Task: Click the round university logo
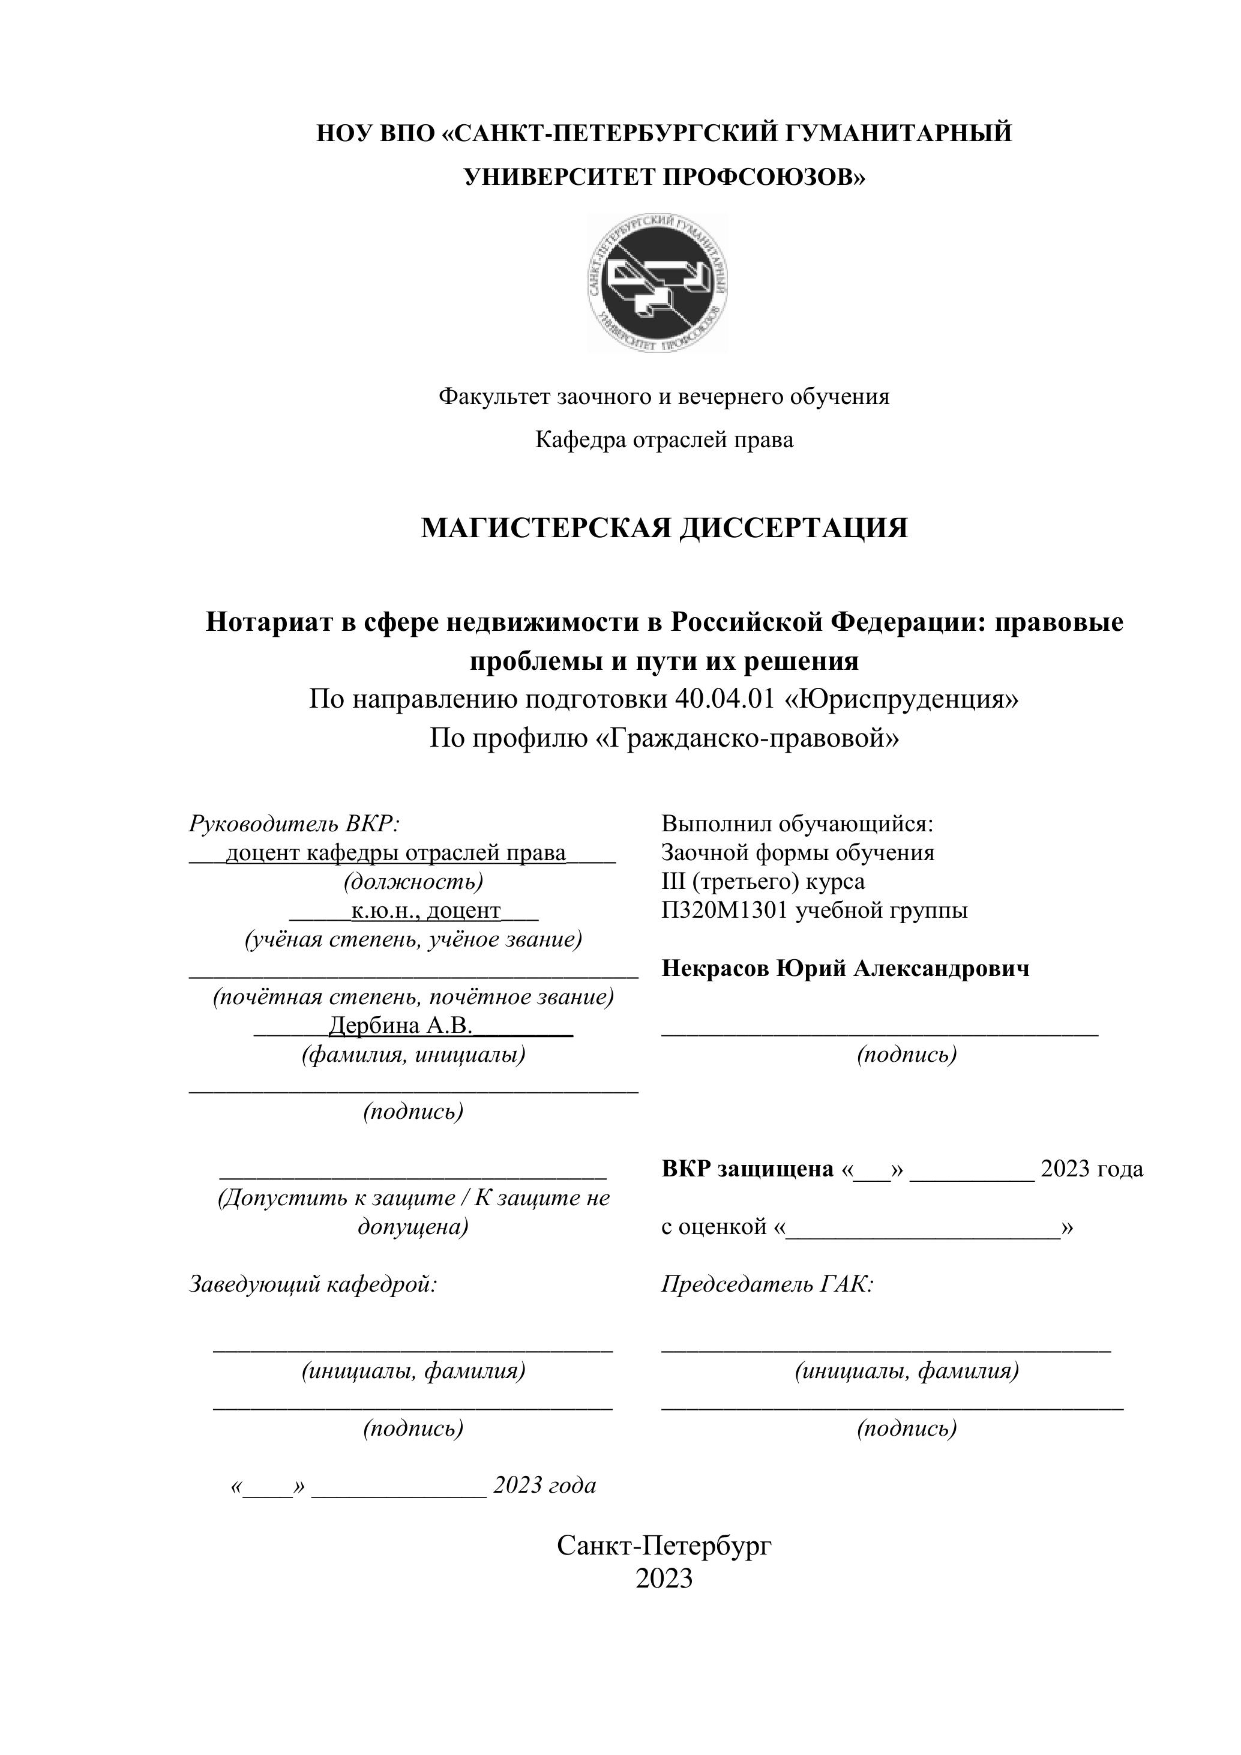657,283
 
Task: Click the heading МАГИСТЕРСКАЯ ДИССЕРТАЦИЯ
664,528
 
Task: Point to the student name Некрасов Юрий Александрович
845,969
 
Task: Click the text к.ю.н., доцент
425,911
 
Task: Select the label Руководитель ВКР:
294,824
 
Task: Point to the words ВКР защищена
747,1169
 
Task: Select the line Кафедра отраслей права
664,439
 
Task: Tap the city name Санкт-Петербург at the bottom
664,1545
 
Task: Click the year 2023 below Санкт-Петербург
664,1579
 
